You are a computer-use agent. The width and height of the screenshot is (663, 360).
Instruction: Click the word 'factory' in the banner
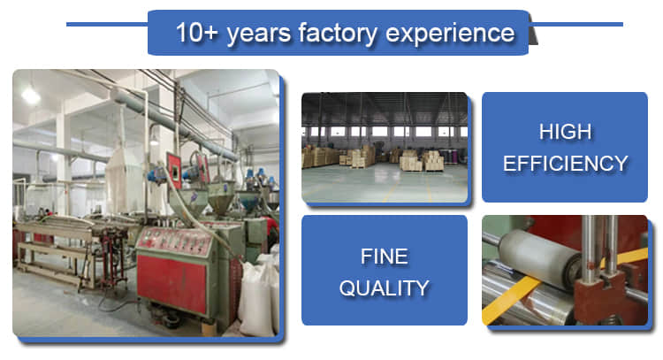338,33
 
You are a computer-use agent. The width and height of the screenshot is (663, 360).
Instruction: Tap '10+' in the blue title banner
196,32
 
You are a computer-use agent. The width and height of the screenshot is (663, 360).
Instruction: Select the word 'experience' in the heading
450,34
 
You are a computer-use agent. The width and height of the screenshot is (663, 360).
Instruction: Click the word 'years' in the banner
258,34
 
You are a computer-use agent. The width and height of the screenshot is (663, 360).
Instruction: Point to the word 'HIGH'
566,132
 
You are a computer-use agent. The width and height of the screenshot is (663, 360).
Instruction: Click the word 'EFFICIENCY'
566,164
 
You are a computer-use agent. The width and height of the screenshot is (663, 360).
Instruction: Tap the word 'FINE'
385,257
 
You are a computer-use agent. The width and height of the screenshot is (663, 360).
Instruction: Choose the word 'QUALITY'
385,288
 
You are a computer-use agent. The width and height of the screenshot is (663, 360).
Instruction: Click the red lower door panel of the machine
171,282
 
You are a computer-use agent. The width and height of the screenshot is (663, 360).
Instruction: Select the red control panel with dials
174,241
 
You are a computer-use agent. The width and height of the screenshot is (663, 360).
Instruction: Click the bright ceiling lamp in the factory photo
31,96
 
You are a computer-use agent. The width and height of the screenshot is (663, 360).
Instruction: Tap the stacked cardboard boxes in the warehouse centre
422,161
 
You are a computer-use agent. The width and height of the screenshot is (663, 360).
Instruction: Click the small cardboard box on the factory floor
210,328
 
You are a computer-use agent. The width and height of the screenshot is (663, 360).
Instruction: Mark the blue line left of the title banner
107,24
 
